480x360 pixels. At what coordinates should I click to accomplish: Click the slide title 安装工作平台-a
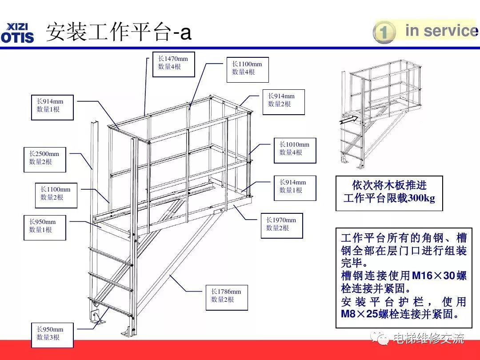click(119, 32)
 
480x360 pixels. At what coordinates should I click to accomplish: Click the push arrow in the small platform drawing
click(348, 119)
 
